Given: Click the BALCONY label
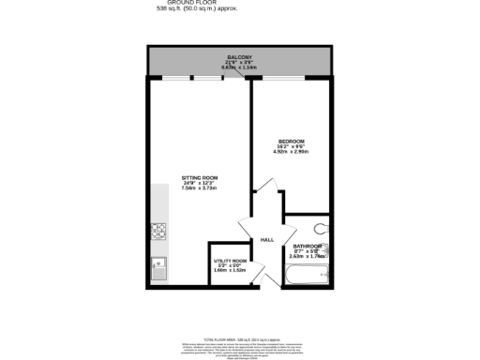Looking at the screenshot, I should click(x=238, y=56).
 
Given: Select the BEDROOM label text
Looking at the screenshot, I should click(x=291, y=141).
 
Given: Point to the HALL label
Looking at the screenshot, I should click(x=266, y=240).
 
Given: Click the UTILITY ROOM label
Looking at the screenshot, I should click(x=230, y=261).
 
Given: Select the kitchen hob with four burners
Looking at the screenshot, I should click(x=158, y=230).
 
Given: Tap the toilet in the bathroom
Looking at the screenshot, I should click(x=322, y=226).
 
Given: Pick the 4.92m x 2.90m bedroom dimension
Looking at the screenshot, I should click(x=291, y=152).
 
